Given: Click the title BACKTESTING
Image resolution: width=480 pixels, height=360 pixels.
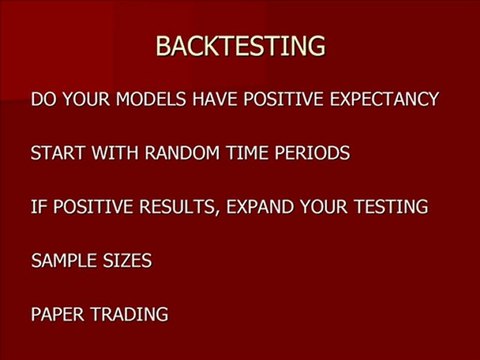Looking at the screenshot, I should pyautogui.click(x=240, y=46).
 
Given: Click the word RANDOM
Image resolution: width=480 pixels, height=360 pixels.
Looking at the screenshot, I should pyautogui.click(x=174, y=154).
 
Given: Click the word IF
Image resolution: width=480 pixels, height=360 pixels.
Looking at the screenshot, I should pyautogui.click(x=39, y=208).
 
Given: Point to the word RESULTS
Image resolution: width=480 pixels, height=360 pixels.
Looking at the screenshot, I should pyautogui.click(x=185, y=208).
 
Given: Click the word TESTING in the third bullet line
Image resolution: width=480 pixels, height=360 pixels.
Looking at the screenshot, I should pyautogui.click(x=391, y=208).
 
